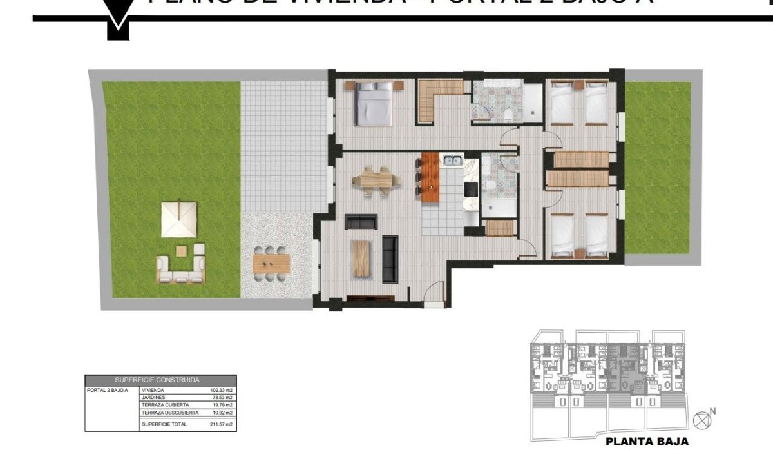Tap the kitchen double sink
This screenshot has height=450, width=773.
pos(451,160)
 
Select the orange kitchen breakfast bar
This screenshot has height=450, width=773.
pos(430,176)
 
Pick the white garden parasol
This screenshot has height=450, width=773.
pos(178,217)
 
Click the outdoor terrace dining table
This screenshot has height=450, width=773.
pos(272,262)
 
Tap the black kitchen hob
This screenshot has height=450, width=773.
pos(471,188)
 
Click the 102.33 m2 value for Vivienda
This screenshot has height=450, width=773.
pos(220,390)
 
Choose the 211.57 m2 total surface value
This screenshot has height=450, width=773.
pos(220,424)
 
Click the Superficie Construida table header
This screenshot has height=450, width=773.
pos(160,380)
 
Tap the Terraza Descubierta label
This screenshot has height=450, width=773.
pos(166,412)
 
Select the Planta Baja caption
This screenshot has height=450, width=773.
pos(647,442)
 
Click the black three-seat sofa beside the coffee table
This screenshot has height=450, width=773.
pos(390,259)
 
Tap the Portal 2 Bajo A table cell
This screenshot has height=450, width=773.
pos(108,390)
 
